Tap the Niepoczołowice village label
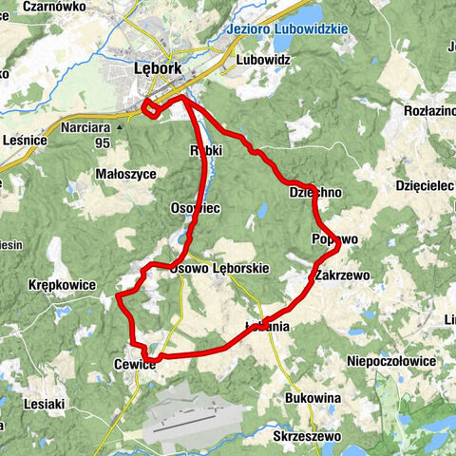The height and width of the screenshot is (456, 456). (x=391, y=362)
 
